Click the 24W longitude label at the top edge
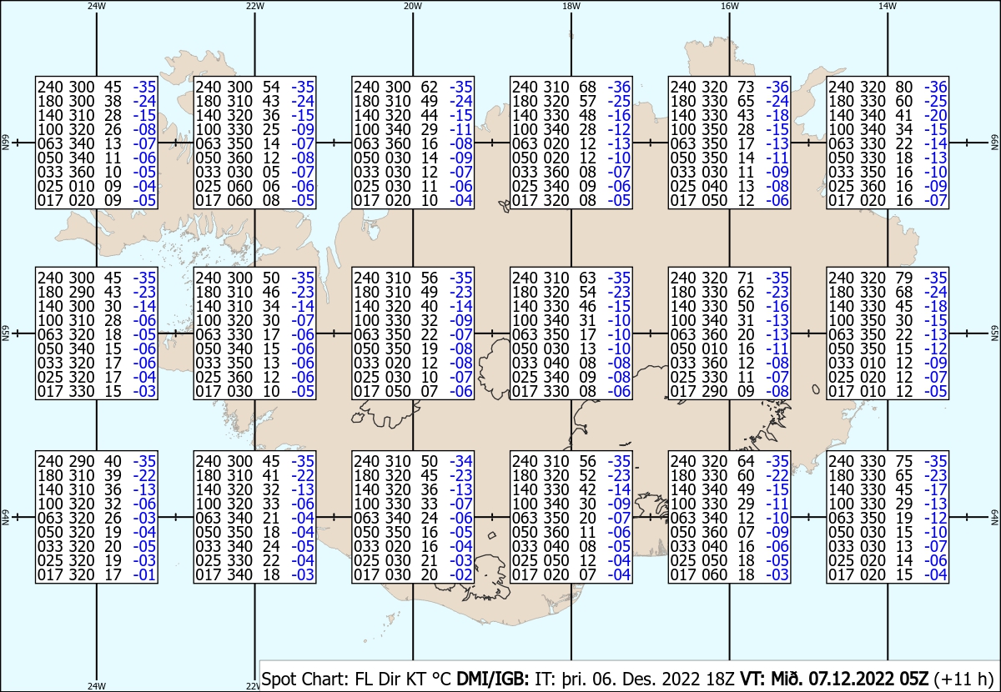(x=97, y=6)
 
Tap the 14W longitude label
(x=888, y=6)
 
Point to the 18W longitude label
(x=571, y=6)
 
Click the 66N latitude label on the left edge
(x=5, y=143)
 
